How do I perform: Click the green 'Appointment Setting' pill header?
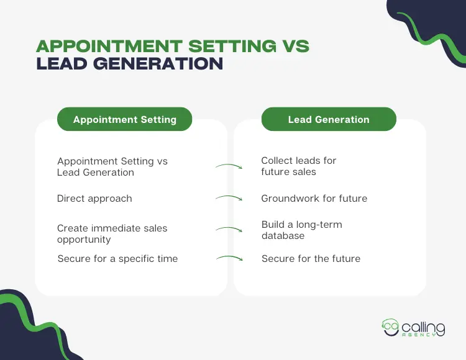[124, 120]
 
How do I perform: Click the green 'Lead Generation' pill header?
[329, 119]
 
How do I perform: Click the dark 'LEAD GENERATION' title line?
[129, 63]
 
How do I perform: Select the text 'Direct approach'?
[94, 199]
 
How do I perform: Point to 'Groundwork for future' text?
[314, 199]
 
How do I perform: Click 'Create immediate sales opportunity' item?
[112, 234]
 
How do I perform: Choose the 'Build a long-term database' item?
[301, 230]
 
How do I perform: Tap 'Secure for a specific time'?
[117, 258]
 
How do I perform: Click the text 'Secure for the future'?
[311, 258]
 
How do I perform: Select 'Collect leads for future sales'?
[298, 166]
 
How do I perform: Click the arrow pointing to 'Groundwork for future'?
[229, 199]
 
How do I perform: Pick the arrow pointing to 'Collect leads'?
[229, 166]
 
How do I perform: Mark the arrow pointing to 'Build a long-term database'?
[229, 230]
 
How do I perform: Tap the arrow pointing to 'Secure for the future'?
[229, 258]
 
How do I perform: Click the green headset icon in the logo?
[391, 326]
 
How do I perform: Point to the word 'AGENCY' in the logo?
[423, 336]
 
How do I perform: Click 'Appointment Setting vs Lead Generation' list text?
[112, 166]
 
